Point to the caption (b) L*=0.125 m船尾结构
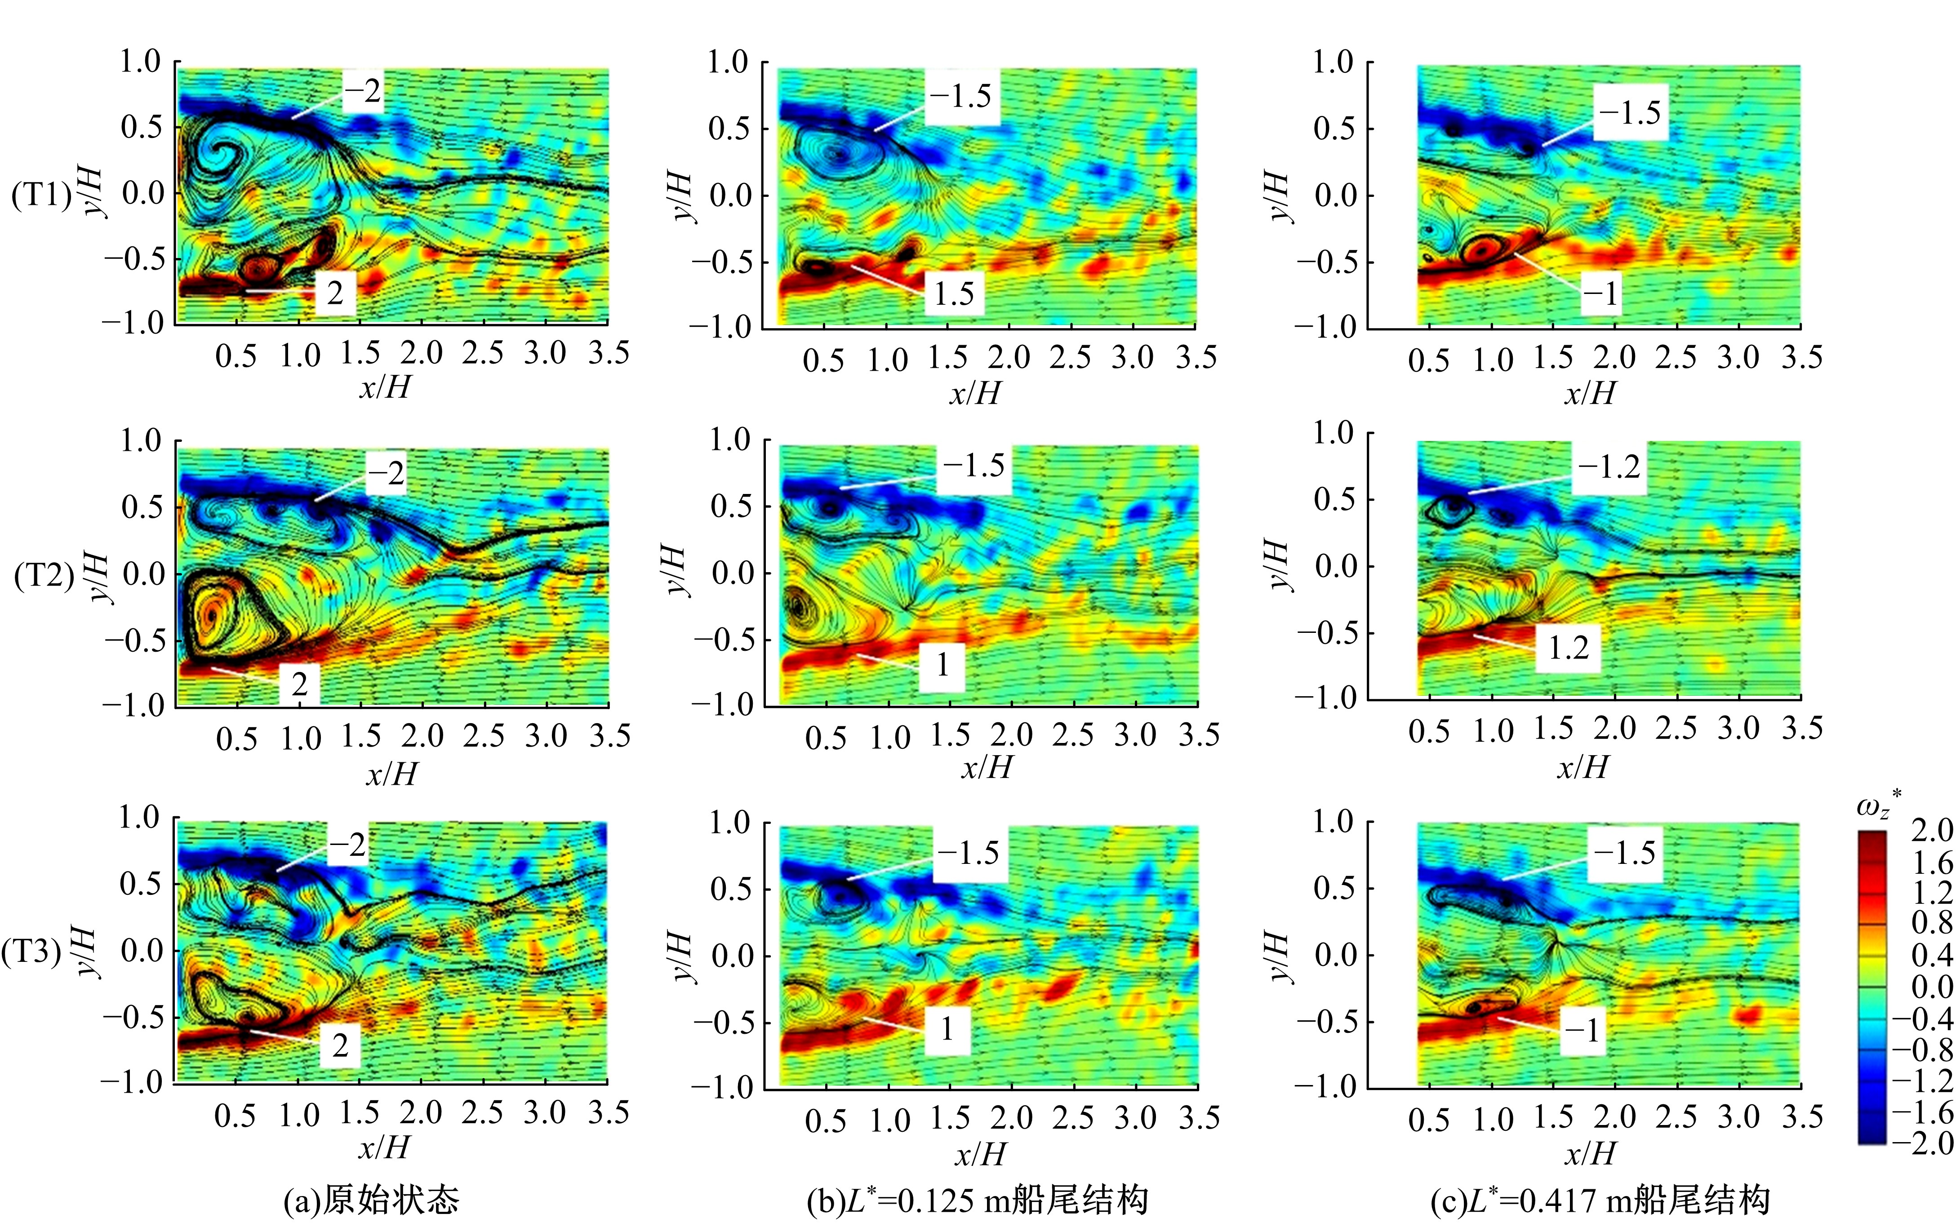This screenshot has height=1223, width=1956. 977,1200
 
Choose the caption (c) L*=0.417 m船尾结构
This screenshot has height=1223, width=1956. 1600,1200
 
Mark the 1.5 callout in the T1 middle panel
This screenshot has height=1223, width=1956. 954,294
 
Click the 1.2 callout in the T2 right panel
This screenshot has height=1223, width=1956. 1568,647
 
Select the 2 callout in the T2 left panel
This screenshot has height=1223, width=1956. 300,684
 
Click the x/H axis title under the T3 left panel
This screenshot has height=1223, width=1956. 384,1147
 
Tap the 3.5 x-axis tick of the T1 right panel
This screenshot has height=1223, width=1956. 1801,357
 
